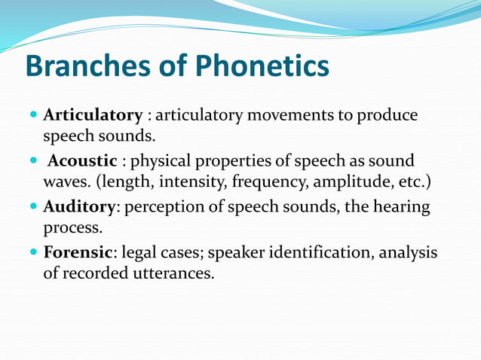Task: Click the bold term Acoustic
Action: point(83,160)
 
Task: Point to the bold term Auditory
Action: point(79,206)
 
